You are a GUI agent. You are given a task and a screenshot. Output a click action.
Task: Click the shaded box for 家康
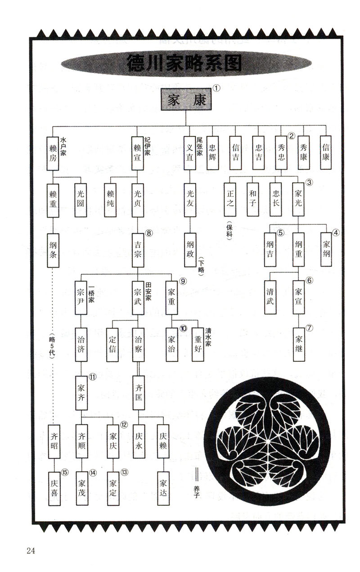click(x=186, y=100)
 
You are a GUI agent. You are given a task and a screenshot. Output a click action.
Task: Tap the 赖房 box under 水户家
click(x=53, y=153)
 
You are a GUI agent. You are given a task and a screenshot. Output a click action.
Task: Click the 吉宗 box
click(x=138, y=247)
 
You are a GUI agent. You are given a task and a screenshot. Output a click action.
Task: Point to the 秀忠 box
click(x=281, y=153)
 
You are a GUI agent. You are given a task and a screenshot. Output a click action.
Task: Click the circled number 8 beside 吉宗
click(x=149, y=233)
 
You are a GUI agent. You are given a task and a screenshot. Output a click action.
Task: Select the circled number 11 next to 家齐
click(x=93, y=377)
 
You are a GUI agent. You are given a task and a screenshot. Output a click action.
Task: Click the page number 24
click(x=31, y=551)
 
